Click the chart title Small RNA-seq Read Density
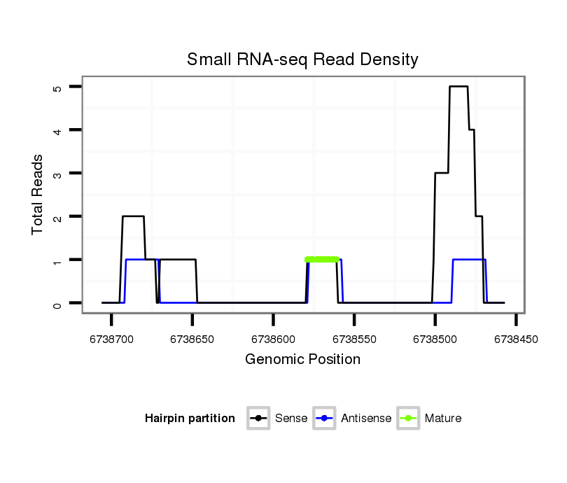pos(302,59)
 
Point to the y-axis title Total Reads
pos(38,195)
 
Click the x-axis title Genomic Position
pos(302,360)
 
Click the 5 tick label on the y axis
pos(57,87)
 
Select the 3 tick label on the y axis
pos(57,174)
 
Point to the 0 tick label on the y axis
pos(57,304)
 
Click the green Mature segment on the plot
pos(322,260)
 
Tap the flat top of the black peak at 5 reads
pos(458,87)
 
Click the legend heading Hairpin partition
pos(190,419)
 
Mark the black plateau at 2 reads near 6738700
pos(133,216)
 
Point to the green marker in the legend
pos(408,419)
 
